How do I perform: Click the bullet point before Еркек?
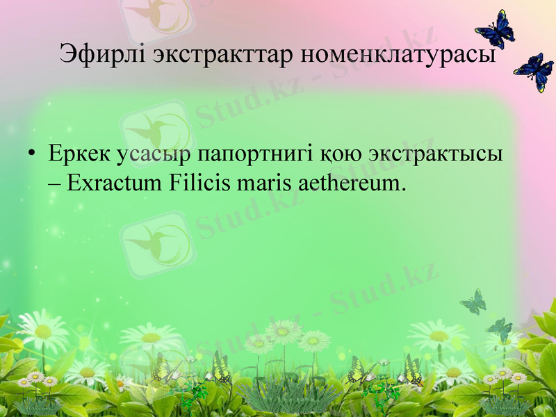[x=33, y=154]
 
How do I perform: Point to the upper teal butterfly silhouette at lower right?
[x=473, y=302]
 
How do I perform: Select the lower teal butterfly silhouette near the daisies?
[x=499, y=329]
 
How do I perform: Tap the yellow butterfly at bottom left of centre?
[x=221, y=368]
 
